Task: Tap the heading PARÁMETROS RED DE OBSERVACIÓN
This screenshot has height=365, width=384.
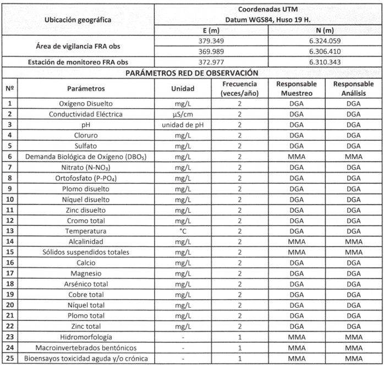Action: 191,73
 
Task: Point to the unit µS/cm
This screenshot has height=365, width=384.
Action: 182,114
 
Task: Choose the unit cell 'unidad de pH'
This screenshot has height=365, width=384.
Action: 182,125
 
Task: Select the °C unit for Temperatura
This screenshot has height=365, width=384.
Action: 182,231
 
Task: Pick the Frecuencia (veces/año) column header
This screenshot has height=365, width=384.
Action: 239,89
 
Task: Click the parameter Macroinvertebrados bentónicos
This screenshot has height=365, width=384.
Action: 86,348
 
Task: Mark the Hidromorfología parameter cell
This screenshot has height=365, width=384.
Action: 86,337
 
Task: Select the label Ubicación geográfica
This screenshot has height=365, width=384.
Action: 77,20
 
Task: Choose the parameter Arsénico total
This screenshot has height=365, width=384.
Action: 86,284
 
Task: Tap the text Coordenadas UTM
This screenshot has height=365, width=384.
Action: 268,9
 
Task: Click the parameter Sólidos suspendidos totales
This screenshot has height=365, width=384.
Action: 86,252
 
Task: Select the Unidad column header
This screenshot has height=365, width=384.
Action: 182,89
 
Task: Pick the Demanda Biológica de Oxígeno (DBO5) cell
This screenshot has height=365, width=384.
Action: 86,157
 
